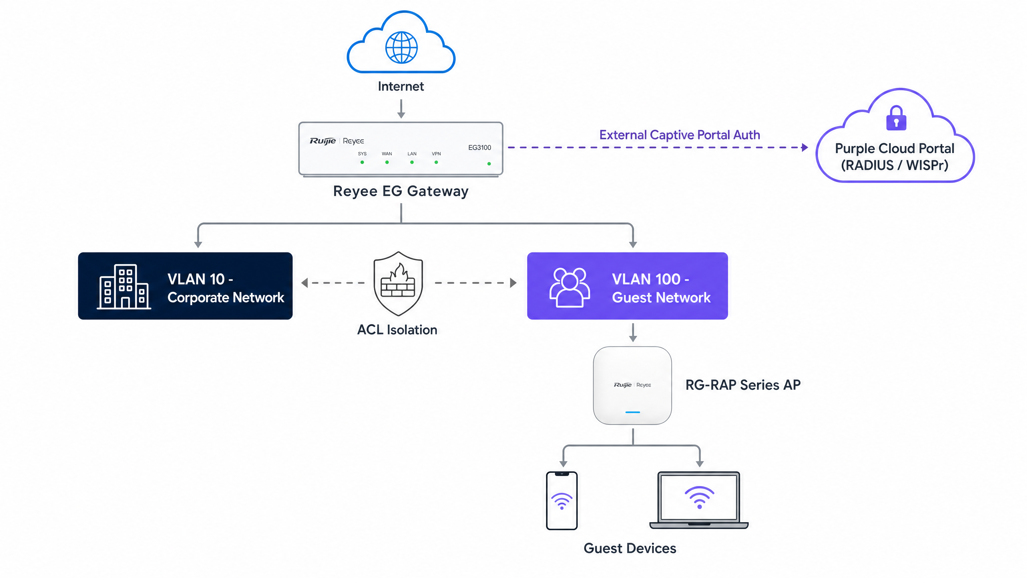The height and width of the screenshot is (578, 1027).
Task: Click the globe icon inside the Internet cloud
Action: tap(401, 47)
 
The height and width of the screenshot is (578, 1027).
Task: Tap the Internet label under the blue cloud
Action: tap(401, 86)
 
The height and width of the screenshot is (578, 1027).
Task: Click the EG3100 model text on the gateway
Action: tap(479, 147)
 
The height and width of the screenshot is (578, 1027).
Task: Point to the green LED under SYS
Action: tap(362, 162)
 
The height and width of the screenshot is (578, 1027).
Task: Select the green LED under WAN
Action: tap(387, 162)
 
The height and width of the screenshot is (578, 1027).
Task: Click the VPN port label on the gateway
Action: tap(436, 154)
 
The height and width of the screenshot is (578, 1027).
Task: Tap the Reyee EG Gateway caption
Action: tap(401, 191)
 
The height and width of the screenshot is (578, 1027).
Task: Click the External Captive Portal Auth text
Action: tap(680, 135)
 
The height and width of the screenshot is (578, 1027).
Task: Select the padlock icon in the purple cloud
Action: tap(896, 118)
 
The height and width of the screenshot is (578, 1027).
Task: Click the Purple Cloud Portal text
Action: tap(895, 149)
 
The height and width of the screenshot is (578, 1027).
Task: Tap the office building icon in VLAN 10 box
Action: tap(124, 286)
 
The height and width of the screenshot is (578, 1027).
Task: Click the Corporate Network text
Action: tap(226, 297)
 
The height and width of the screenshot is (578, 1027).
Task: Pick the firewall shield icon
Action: tap(398, 284)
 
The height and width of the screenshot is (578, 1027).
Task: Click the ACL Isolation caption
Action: tap(397, 330)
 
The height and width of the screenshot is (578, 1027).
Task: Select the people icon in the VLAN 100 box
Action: tap(570, 287)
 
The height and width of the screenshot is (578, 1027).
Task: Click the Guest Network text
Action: tap(661, 297)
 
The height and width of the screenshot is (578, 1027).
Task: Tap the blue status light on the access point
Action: tap(633, 412)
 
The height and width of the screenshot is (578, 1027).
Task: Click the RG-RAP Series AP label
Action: tap(743, 385)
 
